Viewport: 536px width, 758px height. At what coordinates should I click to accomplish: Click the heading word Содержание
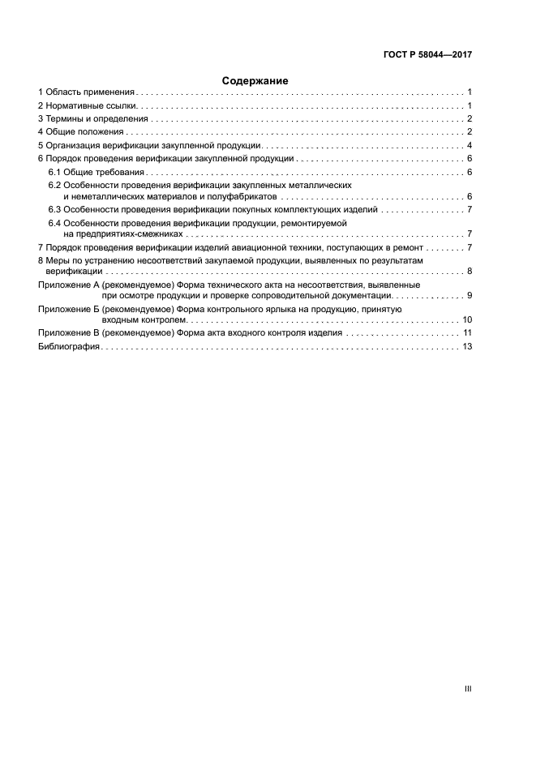[x=255, y=81]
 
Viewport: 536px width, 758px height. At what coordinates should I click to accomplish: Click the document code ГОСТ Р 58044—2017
[x=428, y=55]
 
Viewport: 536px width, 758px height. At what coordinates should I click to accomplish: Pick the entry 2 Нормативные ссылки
[x=90, y=106]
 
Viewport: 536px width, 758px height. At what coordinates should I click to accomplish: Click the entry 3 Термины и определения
[x=94, y=119]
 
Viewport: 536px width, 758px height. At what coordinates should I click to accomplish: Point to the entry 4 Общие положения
[x=81, y=132]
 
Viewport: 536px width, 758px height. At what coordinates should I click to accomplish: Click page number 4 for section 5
[x=470, y=145]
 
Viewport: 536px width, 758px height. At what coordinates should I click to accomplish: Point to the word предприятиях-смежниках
[x=124, y=234]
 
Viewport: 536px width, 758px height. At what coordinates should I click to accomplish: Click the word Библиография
[x=69, y=346]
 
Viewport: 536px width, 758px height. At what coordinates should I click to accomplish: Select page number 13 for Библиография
[x=467, y=346]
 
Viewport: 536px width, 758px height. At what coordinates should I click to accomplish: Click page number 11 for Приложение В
[x=467, y=333]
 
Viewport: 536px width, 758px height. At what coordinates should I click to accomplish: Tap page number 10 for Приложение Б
[x=467, y=320]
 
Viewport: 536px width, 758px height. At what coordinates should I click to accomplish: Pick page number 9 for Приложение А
[x=470, y=296]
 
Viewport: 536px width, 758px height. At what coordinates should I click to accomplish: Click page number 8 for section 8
[x=470, y=272]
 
